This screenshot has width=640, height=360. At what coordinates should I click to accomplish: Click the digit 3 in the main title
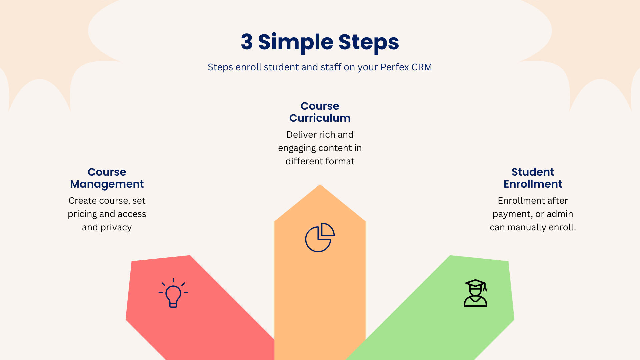[247, 42]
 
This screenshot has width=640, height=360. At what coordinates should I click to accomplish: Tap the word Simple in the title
[296, 43]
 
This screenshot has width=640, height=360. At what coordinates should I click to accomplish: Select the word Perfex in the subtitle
[395, 67]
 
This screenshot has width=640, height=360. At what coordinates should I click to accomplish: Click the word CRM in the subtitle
[422, 67]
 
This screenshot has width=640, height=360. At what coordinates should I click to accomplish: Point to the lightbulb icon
[173, 293]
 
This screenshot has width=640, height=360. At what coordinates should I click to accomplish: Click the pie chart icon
[320, 237]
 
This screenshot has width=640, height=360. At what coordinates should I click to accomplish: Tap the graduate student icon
[476, 293]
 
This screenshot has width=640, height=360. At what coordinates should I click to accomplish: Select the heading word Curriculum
[320, 118]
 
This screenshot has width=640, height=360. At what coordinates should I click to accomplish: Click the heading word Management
[107, 184]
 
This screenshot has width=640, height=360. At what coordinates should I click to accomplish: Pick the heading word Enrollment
[533, 184]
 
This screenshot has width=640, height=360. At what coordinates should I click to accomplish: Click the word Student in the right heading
[533, 172]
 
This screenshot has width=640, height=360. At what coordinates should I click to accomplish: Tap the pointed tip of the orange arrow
[320, 185]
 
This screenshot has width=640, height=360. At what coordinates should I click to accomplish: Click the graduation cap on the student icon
[476, 284]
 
